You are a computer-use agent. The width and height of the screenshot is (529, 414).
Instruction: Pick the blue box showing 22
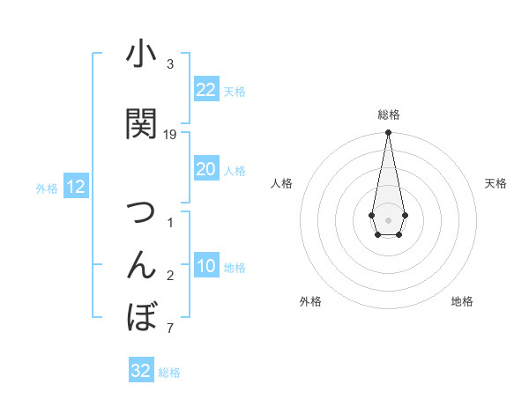pos(205,90)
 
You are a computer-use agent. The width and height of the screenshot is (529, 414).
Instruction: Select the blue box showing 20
pos(205,169)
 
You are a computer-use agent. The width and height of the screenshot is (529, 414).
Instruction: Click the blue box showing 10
pos(205,266)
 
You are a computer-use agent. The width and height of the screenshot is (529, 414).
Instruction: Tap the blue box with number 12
pos(75,187)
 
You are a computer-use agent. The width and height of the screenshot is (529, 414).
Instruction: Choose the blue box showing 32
pos(141,371)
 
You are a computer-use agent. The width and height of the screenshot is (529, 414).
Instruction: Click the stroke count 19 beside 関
pos(170,135)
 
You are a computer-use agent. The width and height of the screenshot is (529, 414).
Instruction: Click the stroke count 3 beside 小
pos(170,64)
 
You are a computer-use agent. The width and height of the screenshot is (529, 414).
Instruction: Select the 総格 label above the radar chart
pos(388,115)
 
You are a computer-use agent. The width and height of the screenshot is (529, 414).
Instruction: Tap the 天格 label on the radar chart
pos(495,183)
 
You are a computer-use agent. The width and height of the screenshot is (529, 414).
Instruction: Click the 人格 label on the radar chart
pos(281,183)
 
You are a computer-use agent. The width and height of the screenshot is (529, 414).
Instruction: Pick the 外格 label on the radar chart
pos(309,301)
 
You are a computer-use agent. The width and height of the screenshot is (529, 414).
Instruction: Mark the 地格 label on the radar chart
pos(462,301)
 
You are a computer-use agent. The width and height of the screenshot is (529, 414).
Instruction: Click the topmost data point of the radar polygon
pos(388,133)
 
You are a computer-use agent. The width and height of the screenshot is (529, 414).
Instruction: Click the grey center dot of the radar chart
pos(388,218)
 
